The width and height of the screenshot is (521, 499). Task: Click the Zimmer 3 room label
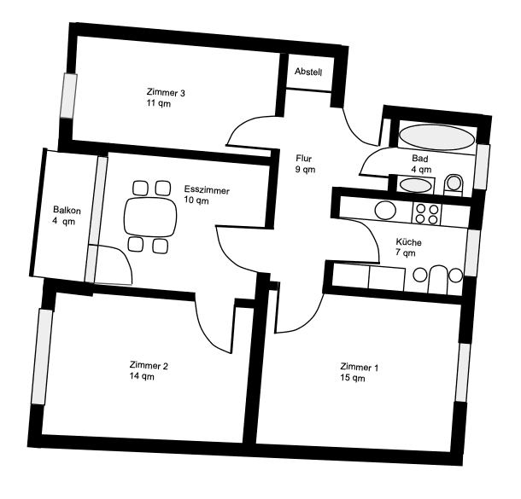pyautogui.click(x=167, y=92)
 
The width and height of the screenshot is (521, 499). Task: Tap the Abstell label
pyautogui.click(x=307, y=73)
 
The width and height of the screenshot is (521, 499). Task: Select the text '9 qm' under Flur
pyautogui.click(x=305, y=170)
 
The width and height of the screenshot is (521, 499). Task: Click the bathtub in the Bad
pyautogui.click(x=430, y=136)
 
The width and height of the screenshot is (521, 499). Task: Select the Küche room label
pyautogui.click(x=408, y=241)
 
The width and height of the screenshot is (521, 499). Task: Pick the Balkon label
pyautogui.click(x=66, y=209)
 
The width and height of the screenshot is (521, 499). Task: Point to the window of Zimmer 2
pyautogui.click(x=39, y=357)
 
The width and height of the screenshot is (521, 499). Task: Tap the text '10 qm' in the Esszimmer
pyautogui.click(x=196, y=201)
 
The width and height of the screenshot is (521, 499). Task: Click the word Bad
pyautogui.click(x=419, y=159)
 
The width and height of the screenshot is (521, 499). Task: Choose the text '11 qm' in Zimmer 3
pyautogui.click(x=158, y=102)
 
